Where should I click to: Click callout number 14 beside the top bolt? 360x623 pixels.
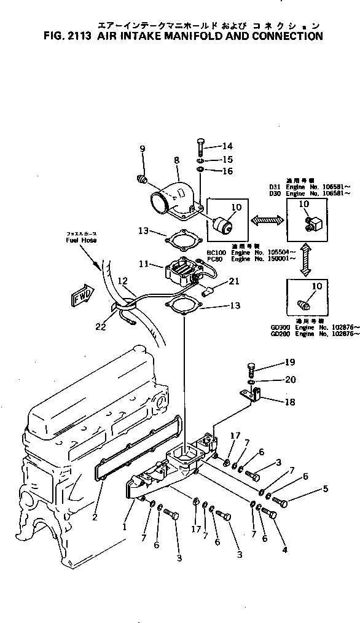pyautogui.click(x=211, y=146)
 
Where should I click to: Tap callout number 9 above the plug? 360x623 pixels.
pyautogui.click(x=143, y=149)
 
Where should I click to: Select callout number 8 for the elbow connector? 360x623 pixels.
pyautogui.click(x=176, y=160)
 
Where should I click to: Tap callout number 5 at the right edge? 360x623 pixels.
pyautogui.click(x=325, y=488)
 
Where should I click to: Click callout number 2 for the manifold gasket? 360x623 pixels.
pyautogui.click(x=95, y=517)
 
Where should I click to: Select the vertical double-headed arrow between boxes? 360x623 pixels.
pyautogui.click(x=304, y=261)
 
